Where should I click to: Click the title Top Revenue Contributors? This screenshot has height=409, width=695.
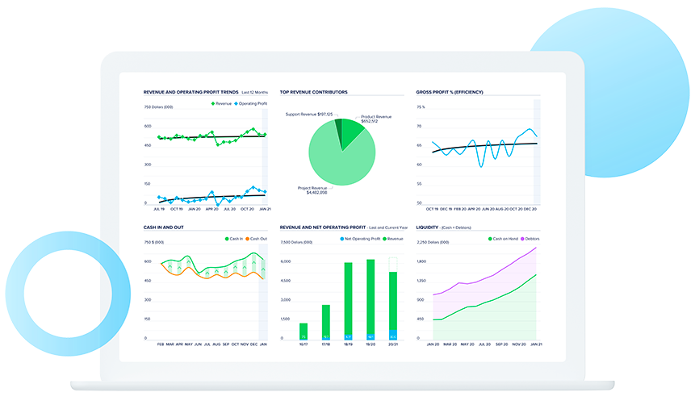pos(313,93)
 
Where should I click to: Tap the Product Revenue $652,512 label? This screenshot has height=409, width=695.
pos(375,119)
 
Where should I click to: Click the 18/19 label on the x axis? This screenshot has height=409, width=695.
pos(348,344)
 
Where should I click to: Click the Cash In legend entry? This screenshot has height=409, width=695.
pos(234,239)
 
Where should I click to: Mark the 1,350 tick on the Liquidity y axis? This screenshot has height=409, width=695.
pos(421,281)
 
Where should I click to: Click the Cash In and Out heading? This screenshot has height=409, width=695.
pos(163,227)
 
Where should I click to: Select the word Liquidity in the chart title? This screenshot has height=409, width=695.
pos(426,227)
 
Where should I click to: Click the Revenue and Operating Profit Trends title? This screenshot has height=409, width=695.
pos(190,93)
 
